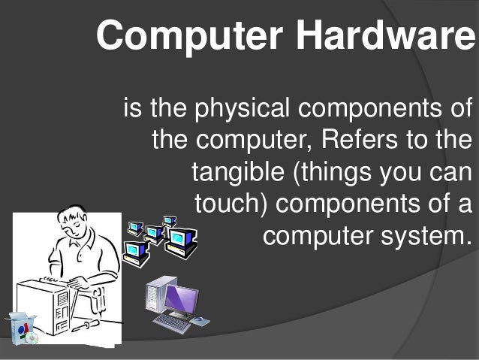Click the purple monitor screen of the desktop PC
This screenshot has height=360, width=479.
pos(181,299)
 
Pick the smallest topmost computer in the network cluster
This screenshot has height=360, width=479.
pos(170,221)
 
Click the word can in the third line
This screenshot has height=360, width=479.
pos(451,172)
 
